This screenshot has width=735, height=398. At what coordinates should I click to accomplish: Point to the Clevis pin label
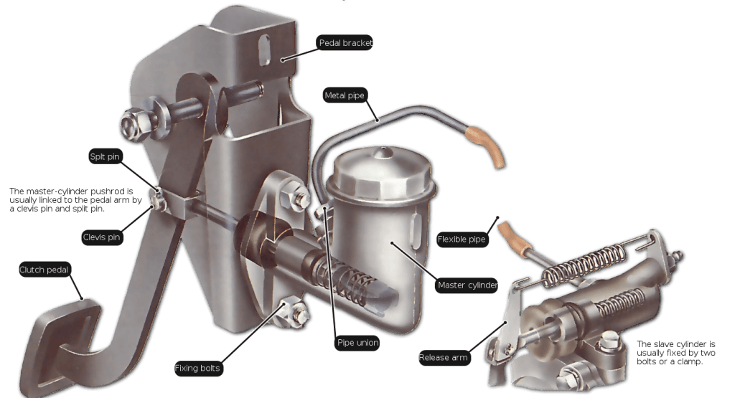pyautogui.click(x=100, y=236)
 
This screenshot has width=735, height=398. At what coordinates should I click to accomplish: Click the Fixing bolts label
pyautogui.click(x=198, y=369)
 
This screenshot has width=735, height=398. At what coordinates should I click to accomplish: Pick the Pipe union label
pyautogui.click(x=357, y=343)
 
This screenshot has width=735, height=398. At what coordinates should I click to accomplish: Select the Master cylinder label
pyautogui.click(x=467, y=285)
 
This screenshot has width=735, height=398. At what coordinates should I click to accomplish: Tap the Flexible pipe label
pyautogui.click(x=462, y=239)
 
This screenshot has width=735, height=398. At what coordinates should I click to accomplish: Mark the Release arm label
pyautogui.click(x=443, y=357)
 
